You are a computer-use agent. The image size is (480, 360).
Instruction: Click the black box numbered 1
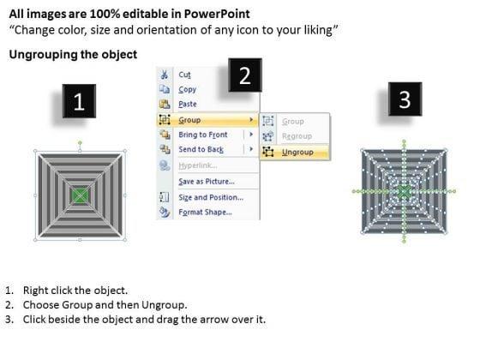(x=79, y=101)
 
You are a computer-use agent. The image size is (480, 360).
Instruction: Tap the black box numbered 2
(x=245, y=75)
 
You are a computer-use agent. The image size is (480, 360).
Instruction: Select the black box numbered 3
(x=405, y=99)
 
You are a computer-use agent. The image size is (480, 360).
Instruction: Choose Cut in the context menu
(x=184, y=75)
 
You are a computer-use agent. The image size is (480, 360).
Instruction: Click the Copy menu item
(x=188, y=89)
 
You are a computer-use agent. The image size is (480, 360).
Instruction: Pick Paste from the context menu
(x=188, y=104)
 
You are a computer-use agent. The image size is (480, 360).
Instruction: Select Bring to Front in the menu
(x=203, y=135)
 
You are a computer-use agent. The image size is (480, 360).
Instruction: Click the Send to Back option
(x=201, y=149)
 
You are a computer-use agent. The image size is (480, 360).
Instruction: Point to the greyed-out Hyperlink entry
(x=198, y=165)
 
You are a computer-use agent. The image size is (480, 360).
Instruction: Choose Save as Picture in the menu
(x=207, y=182)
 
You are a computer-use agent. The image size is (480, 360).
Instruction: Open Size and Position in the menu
(x=211, y=197)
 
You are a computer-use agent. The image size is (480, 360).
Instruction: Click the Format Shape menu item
(x=205, y=213)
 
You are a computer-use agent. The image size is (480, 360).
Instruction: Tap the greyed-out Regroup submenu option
(x=297, y=136)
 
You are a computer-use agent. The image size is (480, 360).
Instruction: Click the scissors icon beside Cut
(x=164, y=75)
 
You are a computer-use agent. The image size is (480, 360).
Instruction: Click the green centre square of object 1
(x=80, y=195)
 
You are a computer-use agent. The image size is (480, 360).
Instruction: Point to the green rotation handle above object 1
(x=80, y=142)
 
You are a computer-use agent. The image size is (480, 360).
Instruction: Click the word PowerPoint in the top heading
(x=217, y=14)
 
